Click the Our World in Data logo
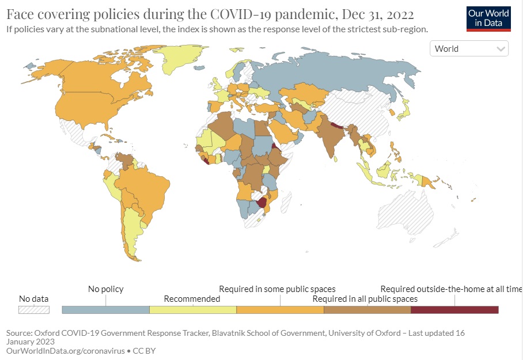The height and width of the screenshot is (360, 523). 488,18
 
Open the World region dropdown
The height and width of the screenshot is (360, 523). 469,48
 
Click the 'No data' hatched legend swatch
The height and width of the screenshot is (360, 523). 33,310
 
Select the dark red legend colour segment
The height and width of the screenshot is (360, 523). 454,310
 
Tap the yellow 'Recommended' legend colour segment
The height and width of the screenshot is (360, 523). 193,310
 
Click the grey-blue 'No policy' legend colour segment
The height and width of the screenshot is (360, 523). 106,310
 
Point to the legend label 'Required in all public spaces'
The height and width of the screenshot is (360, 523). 365,298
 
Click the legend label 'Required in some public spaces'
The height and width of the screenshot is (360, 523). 277,289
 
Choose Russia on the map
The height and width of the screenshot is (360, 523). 333,73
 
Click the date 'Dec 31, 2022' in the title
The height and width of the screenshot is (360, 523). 378,14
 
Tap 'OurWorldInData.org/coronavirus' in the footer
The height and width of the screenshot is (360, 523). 66,351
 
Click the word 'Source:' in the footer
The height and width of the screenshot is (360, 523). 20,333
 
